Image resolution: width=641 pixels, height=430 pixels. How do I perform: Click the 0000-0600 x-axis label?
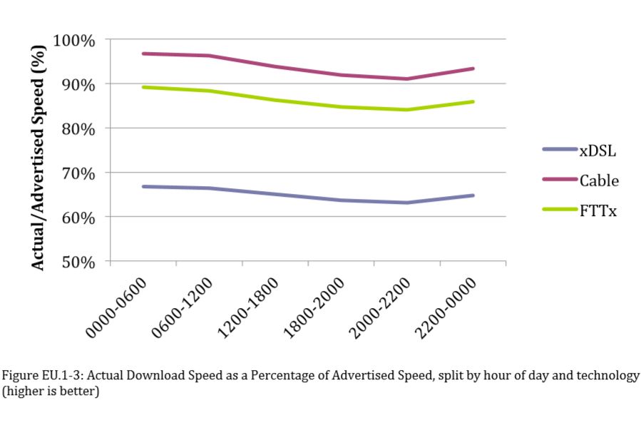[116, 307]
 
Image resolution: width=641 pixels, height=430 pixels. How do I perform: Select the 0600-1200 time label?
[182, 307]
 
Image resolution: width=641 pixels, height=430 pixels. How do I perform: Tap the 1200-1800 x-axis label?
[248, 307]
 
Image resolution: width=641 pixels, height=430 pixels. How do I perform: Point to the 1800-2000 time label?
[314, 307]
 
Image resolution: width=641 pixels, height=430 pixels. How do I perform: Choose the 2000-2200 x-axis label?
[380, 307]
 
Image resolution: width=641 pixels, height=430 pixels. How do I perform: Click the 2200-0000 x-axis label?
[446, 307]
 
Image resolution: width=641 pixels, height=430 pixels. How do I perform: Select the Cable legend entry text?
[599, 180]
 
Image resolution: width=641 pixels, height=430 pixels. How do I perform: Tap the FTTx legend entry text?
[598, 211]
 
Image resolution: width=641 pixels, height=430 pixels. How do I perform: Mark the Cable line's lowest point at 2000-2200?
[406, 78]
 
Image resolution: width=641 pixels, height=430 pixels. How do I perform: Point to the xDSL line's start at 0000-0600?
[143, 186]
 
